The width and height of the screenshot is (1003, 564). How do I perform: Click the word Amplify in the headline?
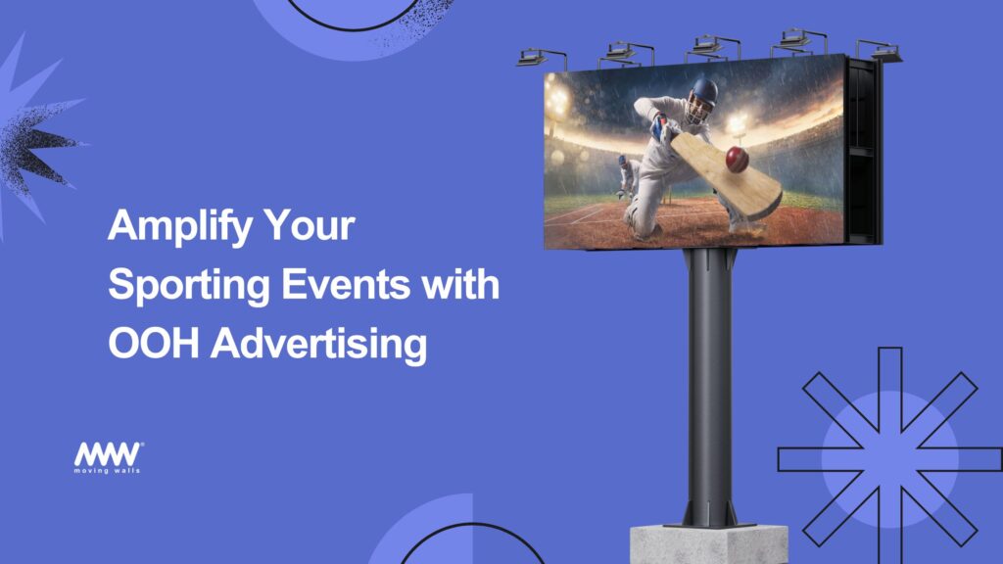(x=180, y=226)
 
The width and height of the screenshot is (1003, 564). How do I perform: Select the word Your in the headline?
(x=309, y=225)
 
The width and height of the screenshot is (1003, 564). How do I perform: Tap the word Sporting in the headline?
(x=189, y=286)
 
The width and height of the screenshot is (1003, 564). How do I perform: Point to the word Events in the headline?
(x=346, y=284)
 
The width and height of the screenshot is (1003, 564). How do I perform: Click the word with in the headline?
(x=460, y=284)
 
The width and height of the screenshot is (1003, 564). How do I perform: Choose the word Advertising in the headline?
(x=318, y=345)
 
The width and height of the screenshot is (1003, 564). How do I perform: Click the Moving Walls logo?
(x=108, y=457)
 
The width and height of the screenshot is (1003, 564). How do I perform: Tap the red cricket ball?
(x=737, y=160)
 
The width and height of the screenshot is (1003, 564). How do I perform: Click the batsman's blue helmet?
(x=703, y=94)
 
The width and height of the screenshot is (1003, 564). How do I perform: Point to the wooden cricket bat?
(x=726, y=173)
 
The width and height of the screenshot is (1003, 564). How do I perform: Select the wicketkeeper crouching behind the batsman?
(x=628, y=176)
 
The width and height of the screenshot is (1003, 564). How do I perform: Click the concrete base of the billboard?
(x=709, y=544)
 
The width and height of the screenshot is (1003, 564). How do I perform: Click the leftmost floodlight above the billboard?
(x=541, y=58)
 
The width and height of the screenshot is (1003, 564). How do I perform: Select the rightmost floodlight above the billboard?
(x=880, y=51)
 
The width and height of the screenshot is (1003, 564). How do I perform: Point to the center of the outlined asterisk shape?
(x=889, y=459)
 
